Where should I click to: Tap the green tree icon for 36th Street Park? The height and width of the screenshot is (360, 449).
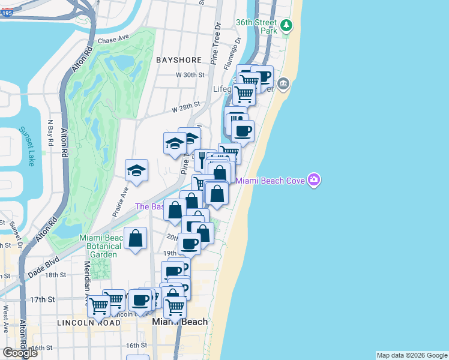[x=288, y=25]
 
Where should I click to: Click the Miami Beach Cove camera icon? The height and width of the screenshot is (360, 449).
[x=313, y=180]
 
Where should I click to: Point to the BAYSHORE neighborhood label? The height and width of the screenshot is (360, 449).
[x=178, y=61]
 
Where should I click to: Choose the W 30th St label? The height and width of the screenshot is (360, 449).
[x=190, y=75]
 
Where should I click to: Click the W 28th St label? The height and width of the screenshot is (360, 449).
[x=185, y=107]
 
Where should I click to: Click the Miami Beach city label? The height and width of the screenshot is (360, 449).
[x=180, y=322]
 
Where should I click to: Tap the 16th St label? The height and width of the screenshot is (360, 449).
[x=136, y=346]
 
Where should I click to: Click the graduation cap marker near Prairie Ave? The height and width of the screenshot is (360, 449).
[x=136, y=170]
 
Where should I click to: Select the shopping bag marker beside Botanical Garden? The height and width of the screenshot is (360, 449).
[x=136, y=238]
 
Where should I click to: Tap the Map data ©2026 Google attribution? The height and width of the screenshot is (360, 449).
[x=412, y=355]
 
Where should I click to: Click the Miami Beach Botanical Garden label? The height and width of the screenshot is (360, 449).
[x=101, y=246]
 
